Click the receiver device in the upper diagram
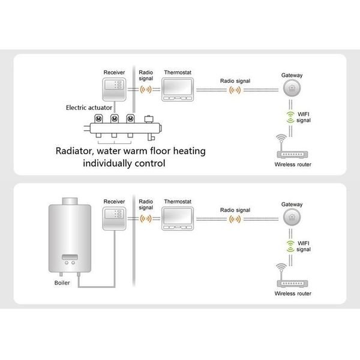pyautogui.click(x=113, y=89)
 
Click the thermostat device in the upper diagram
pyautogui.click(x=178, y=89)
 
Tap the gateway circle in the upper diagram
pyautogui.click(x=292, y=88)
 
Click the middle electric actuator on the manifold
pyautogui.click(x=113, y=119)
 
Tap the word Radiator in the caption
pyautogui.click(x=77, y=151)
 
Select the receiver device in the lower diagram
pyautogui.click(x=113, y=218)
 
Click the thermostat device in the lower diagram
pyautogui.click(x=178, y=218)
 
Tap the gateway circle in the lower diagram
pyautogui.click(x=292, y=217)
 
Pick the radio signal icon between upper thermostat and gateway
pyautogui.click(x=234, y=90)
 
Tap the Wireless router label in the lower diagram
pyautogui.click(x=293, y=295)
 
